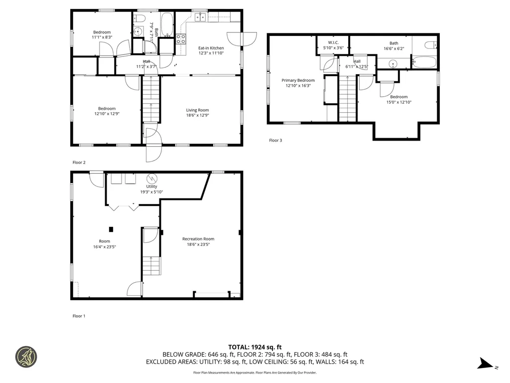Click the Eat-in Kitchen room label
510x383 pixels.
211,48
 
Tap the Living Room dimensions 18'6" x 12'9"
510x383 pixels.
197,116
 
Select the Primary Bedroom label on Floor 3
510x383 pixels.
298,80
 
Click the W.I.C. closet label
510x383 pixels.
333,42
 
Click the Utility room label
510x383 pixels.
151,187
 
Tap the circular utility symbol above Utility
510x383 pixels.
151,178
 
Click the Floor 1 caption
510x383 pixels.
79,316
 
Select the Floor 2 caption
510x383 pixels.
79,163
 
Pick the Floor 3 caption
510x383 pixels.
275,140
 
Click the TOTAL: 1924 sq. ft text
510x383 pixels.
255,347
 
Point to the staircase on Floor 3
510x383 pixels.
348,98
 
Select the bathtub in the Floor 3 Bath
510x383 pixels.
424,63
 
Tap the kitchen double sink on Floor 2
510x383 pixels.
201,18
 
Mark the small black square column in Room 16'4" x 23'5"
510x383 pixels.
111,229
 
